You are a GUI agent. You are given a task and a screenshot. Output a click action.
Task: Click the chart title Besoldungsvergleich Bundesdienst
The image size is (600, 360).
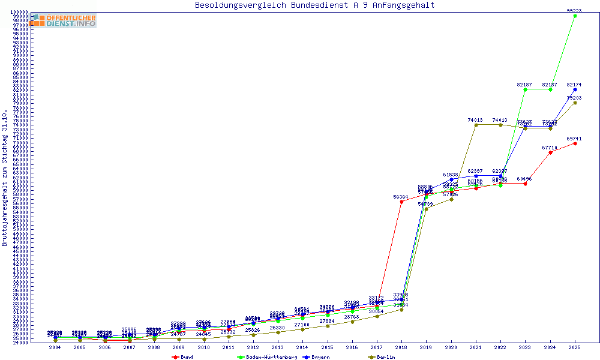(x=314, y=5)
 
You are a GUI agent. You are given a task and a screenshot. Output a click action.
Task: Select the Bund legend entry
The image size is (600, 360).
(x=183, y=357)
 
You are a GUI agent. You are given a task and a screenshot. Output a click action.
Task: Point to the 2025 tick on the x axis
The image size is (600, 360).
(x=575, y=347)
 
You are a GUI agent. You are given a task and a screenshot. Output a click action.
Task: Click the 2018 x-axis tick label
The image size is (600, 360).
(x=401, y=347)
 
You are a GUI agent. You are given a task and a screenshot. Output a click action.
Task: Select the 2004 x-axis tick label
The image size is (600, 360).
(x=55, y=347)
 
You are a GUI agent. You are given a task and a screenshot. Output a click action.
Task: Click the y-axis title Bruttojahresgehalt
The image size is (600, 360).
(x=5, y=178)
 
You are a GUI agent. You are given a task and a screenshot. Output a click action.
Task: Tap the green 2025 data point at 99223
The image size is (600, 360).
(x=575, y=16)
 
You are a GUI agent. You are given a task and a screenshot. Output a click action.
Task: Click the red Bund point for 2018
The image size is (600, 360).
(x=401, y=202)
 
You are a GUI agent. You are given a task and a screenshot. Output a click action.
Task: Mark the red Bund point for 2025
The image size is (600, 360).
(x=575, y=143)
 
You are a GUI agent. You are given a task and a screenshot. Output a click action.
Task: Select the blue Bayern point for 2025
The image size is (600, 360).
(x=575, y=89)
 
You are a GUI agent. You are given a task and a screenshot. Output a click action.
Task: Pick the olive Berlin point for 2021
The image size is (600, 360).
(x=476, y=125)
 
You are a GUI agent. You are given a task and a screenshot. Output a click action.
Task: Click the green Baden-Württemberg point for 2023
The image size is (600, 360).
(x=526, y=89)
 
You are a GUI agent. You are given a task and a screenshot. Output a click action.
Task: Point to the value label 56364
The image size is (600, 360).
(x=401, y=197)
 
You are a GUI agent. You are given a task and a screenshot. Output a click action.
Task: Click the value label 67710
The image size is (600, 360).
(x=550, y=147)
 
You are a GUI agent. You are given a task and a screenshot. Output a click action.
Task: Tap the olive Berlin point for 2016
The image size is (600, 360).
(x=352, y=322)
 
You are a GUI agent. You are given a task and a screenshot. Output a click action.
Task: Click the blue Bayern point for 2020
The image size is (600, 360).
(x=451, y=179)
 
